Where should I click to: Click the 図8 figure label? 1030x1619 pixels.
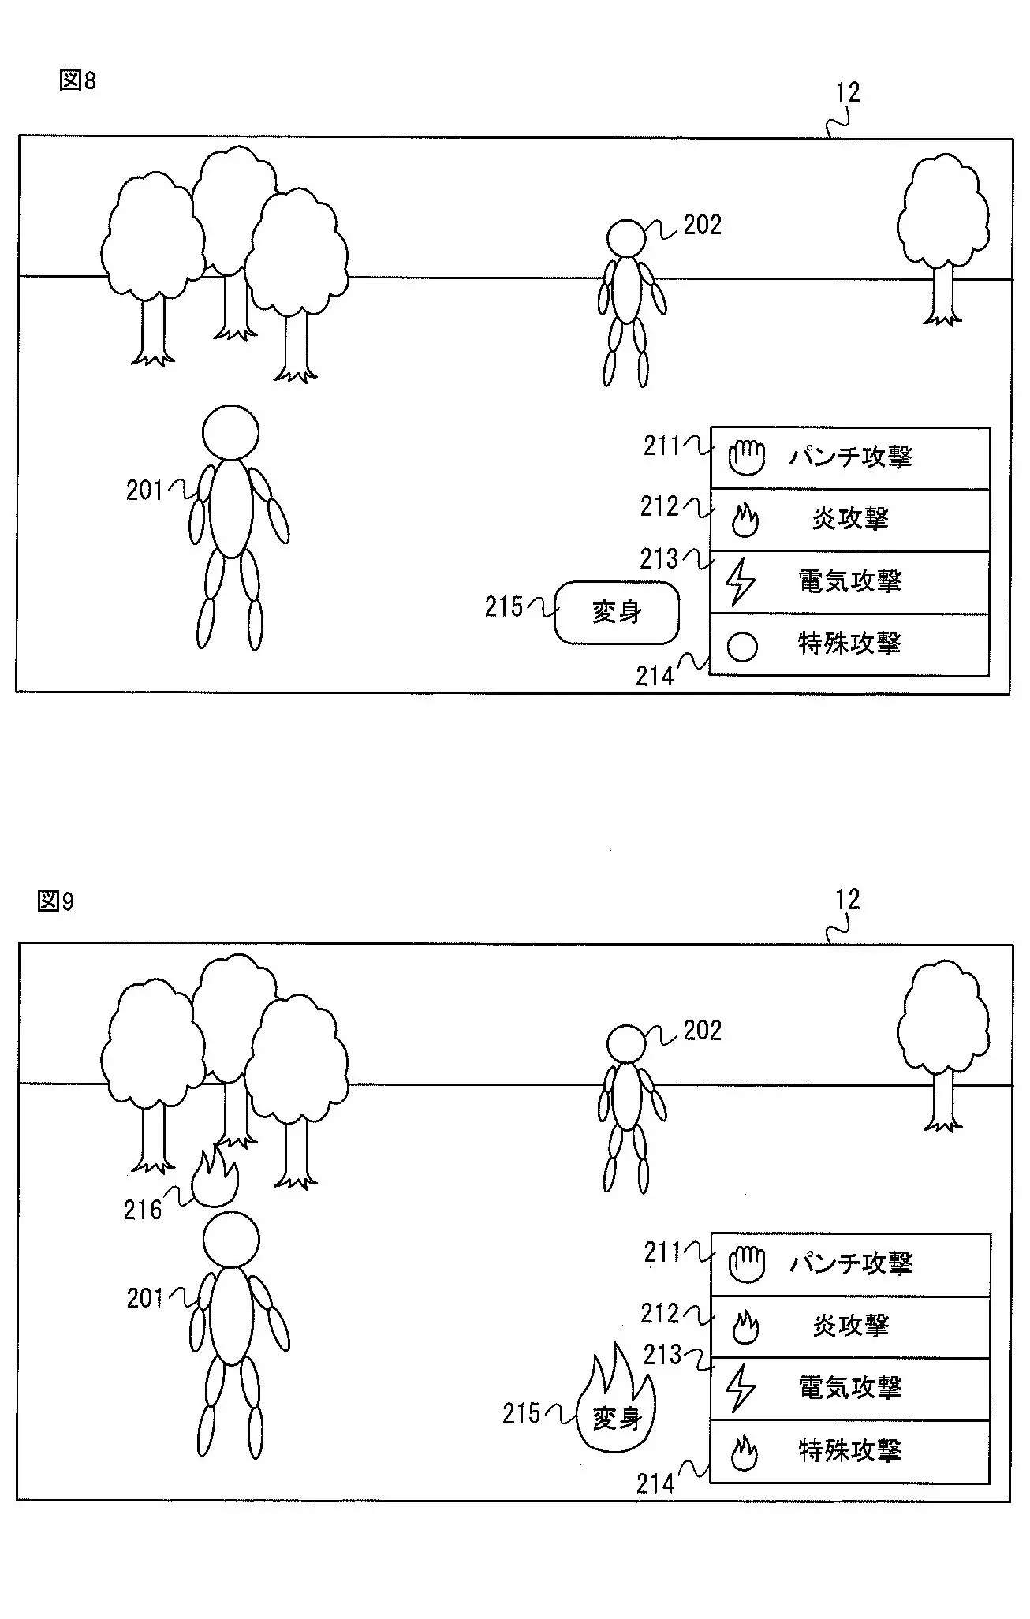click(77, 80)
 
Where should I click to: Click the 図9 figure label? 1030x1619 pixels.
click(55, 901)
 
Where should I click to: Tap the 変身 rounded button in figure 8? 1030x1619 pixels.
click(617, 613)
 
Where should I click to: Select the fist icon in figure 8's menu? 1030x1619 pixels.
click(746, 457)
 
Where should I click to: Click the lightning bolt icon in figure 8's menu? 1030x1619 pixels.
click(740, 582)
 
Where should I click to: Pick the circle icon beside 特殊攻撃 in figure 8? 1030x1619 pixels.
click(742, 647)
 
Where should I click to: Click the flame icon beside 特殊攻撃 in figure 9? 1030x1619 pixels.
click(744, 1453)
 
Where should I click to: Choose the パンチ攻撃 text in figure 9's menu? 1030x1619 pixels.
click(851, 1263)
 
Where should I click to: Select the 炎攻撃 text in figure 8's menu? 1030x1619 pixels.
click(850, 519)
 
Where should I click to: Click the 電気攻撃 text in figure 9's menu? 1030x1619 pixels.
click(850, 1388)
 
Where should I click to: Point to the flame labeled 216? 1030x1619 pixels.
click(215, 1177)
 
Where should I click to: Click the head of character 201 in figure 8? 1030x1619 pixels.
click(230, 432)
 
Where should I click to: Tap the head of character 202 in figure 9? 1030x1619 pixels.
click(627, 1044)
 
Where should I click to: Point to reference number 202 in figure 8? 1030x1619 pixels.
click(703, 226)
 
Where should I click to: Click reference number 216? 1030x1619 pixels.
click(143, 1210)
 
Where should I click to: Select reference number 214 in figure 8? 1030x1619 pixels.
click(655, 677)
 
